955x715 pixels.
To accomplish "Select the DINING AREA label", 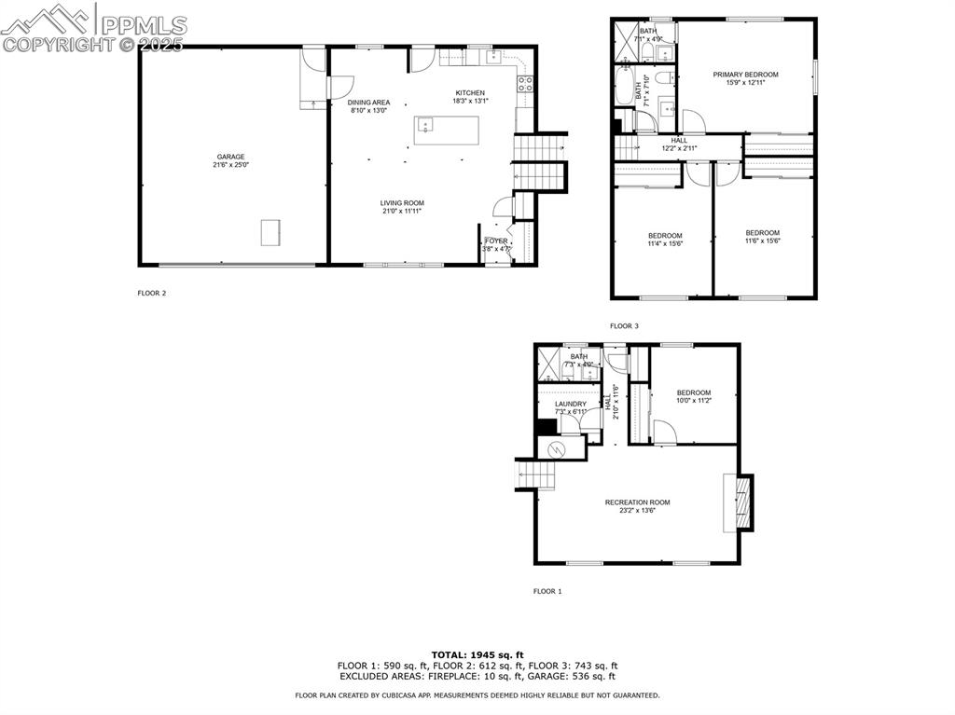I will (368, 103).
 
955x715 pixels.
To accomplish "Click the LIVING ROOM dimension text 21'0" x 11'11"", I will (402, 211).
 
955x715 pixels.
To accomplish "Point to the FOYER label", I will (495, 241).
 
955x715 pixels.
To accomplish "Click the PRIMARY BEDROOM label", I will (745, 75).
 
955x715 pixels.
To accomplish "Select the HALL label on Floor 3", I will (679, 140).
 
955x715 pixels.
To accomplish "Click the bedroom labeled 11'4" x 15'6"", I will (665, 235).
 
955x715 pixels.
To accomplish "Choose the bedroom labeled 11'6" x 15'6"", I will (762, 233).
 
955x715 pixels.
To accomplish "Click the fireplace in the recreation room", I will (742, 503).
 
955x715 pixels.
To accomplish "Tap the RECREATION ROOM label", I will (637, 502).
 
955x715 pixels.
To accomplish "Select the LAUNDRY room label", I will (570, 404).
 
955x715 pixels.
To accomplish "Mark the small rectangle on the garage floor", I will (270, 232).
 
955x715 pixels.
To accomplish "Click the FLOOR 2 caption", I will (152, 293).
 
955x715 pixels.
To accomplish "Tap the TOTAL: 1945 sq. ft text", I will (477, 654).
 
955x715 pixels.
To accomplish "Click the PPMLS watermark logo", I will (94, 28).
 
